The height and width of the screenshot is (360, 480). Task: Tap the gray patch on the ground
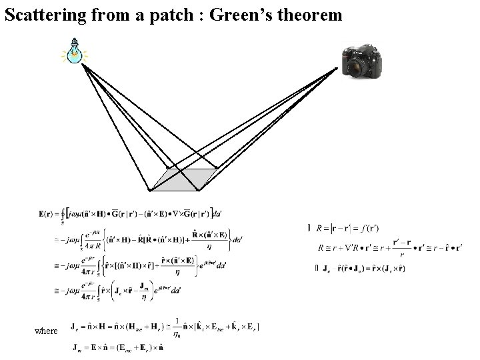click(x=179, y=178)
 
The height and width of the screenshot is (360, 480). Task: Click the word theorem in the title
click(x=314, y=15)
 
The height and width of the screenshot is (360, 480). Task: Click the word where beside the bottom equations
click(x=47, y=331)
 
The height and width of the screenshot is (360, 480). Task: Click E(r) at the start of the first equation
click(x=48, y=214)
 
